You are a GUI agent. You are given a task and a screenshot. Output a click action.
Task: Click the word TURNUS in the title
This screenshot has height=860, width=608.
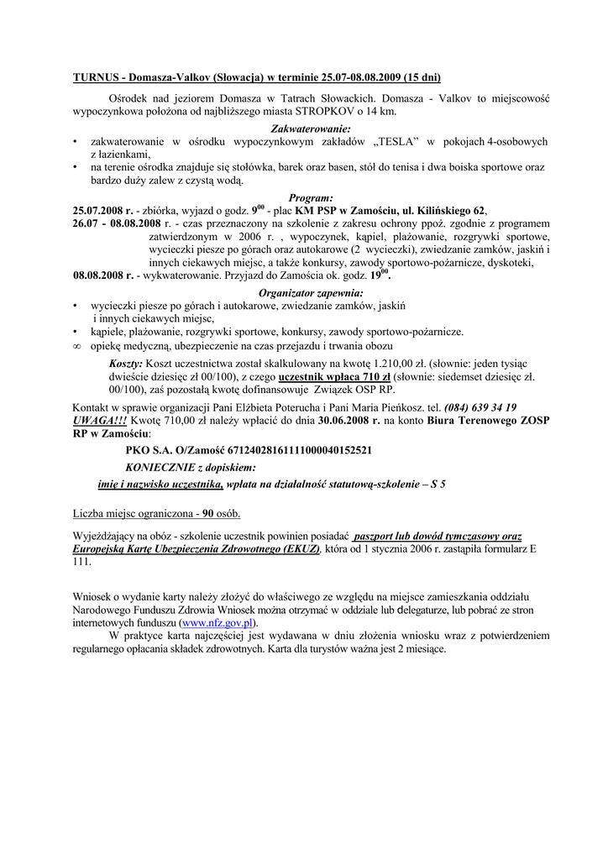[95, 78]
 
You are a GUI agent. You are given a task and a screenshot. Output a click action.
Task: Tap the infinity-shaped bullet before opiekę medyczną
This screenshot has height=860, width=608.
[77, 346]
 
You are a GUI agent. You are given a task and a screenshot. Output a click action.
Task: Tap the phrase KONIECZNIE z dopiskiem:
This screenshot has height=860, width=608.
[191, 467]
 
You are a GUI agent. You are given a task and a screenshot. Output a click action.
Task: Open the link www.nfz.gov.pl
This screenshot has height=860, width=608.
[218, 623]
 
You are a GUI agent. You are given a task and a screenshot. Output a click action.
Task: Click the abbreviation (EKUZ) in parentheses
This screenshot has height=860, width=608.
[302, 548]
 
